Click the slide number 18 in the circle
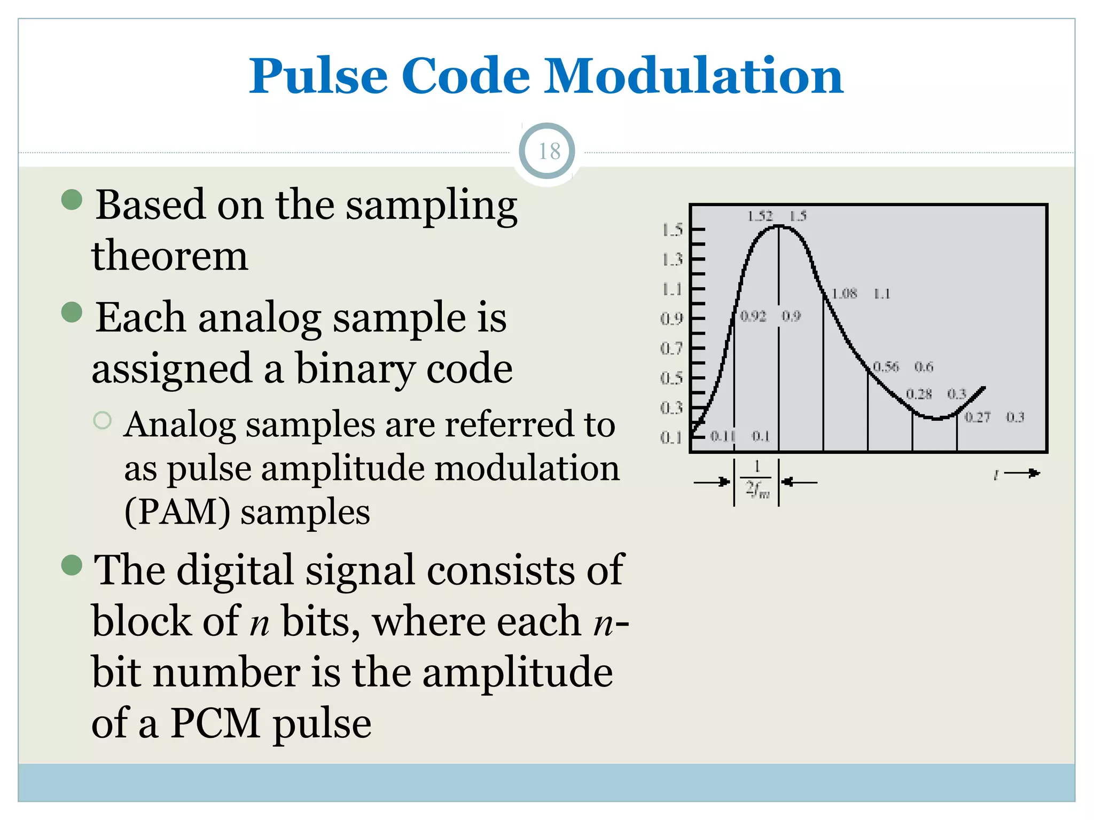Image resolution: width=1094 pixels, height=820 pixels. click(x=549, y=152)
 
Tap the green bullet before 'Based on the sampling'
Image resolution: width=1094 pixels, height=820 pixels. click(x=72, y=200)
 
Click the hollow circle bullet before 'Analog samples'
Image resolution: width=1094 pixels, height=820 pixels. click(x=102, y=421)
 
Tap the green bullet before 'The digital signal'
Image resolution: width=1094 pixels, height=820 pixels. click(x=72, y=565)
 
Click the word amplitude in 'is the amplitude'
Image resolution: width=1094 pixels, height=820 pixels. click(x=517, y=673)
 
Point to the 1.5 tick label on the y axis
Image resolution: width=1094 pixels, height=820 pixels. click(x=672, y=230)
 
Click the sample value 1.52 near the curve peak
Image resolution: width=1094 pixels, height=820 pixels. click(x=760, y=216)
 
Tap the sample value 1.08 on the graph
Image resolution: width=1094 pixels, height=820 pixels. click(x=844, y=294)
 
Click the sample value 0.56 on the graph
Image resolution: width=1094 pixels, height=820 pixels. click(x=886, y=367)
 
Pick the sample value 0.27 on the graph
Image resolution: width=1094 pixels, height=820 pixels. click(x=977, y=417)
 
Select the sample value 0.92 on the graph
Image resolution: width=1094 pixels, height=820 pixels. click(x=753, y=317)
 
